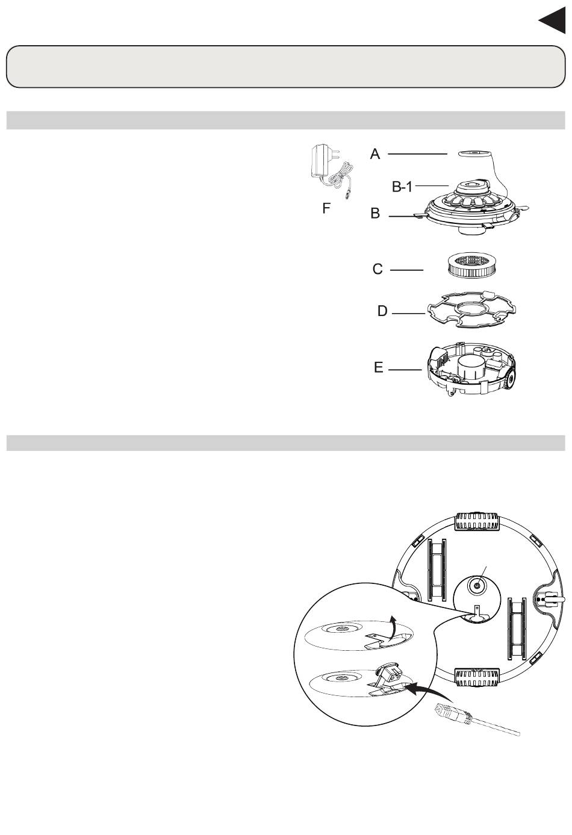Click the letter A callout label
(x=375, y=154)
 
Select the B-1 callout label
(x=402, y=187)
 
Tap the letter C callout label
(x=378, y=269)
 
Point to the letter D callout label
(x=382, y=311)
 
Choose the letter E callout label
(x=379, y=368)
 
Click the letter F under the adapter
(x=326, y=208)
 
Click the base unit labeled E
(x=471, y=369)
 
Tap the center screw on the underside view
(x=477, y=587)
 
